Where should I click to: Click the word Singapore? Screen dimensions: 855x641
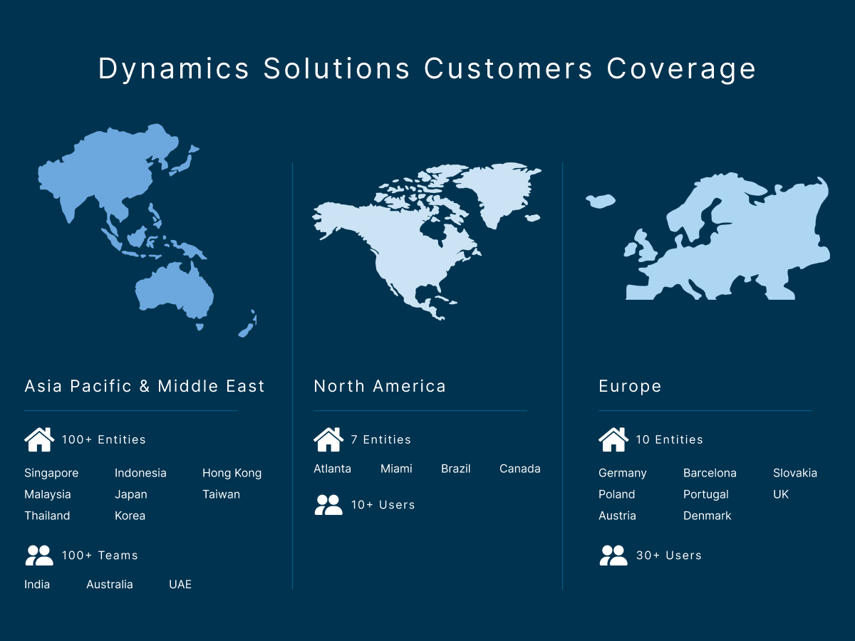click(51, 473)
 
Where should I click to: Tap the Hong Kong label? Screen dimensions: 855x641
click(232, 473)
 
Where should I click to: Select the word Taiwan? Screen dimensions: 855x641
click(222, 494)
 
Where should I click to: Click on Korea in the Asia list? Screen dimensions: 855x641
click(130, 516)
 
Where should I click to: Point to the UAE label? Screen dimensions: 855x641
click(180, 584)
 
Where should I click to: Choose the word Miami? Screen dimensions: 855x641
click(396, 469)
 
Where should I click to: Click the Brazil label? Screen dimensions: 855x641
click(456, 469)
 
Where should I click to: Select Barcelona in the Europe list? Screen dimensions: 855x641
click(710, 473)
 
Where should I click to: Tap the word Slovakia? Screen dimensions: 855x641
click(795, 473)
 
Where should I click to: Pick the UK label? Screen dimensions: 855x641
click(781, 494)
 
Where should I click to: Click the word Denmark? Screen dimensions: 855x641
click(707, 516)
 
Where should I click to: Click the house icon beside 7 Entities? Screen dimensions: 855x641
click(328, 439)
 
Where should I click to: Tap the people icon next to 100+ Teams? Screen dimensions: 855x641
click(39, 556)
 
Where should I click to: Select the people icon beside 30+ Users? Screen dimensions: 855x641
click(613, 556)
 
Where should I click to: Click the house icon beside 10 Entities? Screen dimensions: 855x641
click(613, 439)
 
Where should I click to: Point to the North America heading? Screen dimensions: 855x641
click(380, 386)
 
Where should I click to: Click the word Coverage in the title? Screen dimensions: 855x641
click(681, 69)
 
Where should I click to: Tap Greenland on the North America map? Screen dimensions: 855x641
click(497, 191)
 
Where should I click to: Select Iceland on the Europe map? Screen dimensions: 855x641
click(600, 201)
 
